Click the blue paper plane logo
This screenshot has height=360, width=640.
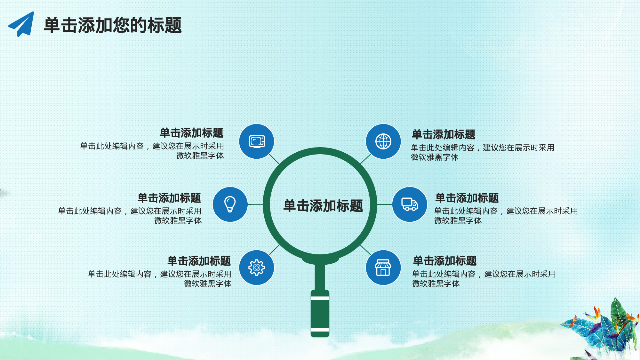tap(22, 24)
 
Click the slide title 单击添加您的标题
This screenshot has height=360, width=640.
tap(113, 25)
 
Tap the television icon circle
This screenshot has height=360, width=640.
tap(257, 141)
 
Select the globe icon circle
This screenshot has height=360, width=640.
tap(383, 141)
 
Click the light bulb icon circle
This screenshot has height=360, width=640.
tap(230, 204)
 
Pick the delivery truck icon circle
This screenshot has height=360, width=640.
tap(410, 204)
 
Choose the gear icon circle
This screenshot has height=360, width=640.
tap(257, 268)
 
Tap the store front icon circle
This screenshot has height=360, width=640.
tap(383, 268)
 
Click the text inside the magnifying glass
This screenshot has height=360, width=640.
tap(323, 206)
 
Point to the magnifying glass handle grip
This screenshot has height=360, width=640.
tap(320, 314)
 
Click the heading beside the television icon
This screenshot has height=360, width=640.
tap(191, 133)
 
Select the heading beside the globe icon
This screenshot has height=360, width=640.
tap(444, 134)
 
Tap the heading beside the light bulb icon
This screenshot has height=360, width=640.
tap(169, 198)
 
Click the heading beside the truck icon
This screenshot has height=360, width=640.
tap(467, 198)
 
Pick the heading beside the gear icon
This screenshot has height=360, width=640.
tap(199, 261)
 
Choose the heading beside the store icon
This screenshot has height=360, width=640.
tap(445, 261)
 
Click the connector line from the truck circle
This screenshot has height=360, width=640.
tap(385, 204)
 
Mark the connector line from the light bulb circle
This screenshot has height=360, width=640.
tap(255, 204)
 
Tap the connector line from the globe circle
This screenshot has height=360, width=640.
tap(365, 159)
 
